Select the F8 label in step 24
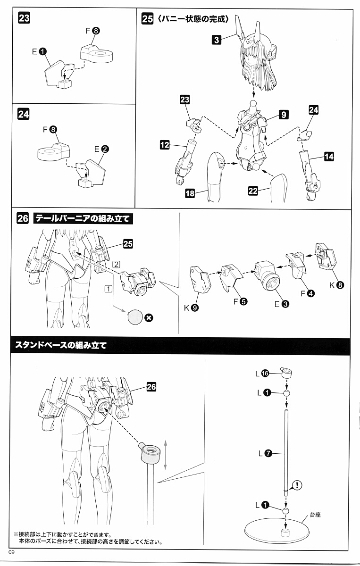(49, 129)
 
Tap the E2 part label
(101, 149)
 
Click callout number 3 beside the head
(217, 40)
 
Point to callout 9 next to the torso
(283, 114)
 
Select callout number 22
(253, 190)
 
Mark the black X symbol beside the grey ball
(148, 317)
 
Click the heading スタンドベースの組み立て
(61, 345)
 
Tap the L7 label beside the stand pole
(264, 454)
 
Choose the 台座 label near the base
(315, 515)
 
